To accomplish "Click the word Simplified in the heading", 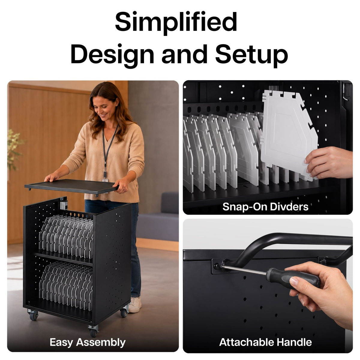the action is pyautogui.click(x=176, y=22).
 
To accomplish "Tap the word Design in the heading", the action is pyautogui.click(x=112, y=55).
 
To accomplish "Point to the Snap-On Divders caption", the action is pyautogui.click(x=265, y=207).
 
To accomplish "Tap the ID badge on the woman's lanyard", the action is pyautogui.click(x=105, y=180).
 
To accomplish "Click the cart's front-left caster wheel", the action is pyautogui.click(x=33, y=314).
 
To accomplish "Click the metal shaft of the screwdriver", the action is pyautogui.click(x=243, y=270).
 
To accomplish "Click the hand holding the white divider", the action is pyautogui.click(x=330, y=162).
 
